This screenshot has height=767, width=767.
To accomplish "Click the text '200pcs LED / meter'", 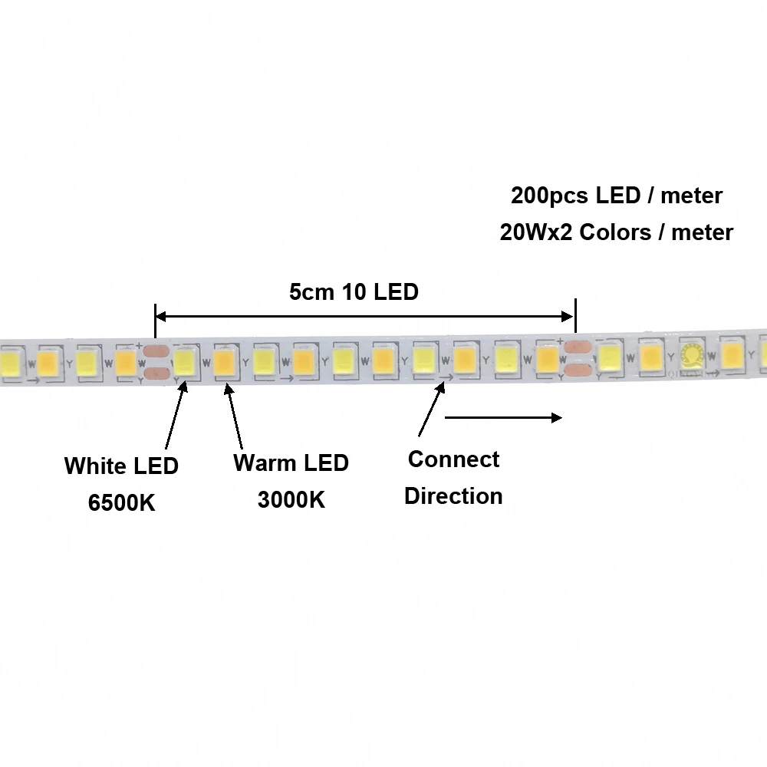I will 617,196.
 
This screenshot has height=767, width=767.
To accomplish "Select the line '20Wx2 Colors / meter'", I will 617,232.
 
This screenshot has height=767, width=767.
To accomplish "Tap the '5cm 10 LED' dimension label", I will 354,292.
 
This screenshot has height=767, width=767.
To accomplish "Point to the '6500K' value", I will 121,503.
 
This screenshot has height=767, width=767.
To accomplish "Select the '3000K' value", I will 291,499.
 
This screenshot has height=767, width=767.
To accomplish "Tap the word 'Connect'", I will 453,459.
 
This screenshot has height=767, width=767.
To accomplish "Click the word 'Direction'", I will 453,495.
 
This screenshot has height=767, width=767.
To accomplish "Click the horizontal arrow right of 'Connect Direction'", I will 503,418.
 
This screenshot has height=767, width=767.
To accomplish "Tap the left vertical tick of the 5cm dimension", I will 155,320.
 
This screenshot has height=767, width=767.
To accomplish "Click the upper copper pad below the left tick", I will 156,354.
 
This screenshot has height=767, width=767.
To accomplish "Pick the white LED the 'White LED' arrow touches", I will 184,360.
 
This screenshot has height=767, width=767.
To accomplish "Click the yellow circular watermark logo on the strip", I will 693,354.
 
